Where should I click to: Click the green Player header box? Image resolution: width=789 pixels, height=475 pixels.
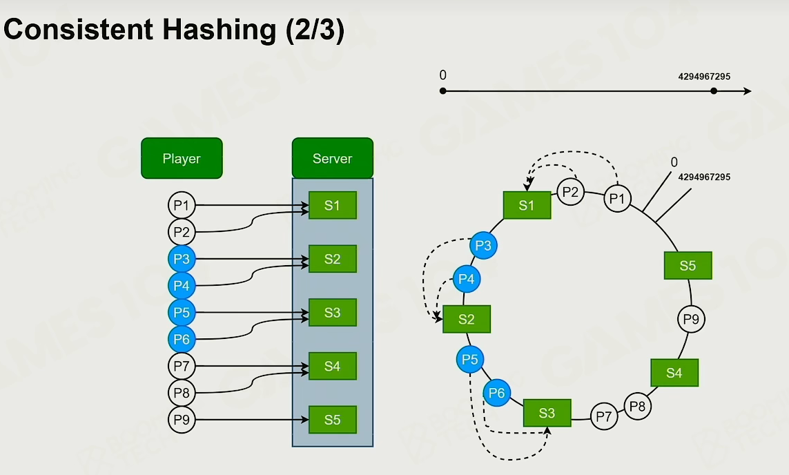coord(182,158)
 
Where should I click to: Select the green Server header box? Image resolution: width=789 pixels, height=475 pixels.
coord(333,158)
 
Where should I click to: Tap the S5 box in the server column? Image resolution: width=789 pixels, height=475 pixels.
coord(333,420)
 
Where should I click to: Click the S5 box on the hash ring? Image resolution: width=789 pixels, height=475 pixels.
coord(688,265)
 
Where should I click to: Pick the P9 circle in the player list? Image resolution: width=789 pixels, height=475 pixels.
coord(181,420)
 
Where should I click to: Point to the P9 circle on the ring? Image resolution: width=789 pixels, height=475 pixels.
coord(692,319)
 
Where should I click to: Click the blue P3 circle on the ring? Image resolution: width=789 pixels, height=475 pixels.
coord(483,246)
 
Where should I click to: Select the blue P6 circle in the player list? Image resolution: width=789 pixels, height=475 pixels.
coord(181,339)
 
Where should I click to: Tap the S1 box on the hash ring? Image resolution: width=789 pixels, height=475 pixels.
coord(527,205)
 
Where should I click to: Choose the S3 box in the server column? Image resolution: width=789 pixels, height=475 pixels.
coord(333,313)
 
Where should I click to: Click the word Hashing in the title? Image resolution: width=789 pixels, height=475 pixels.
coord(220,30)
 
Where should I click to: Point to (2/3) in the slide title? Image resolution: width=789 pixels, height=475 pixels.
coord(315,30)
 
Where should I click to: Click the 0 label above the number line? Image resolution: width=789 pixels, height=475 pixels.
coord(442,75)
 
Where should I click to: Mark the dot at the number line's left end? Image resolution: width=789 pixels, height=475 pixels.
coord(442,91)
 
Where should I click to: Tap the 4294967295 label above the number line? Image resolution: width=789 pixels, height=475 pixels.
coord(704,77)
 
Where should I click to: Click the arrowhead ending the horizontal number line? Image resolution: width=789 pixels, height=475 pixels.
coord(748,91)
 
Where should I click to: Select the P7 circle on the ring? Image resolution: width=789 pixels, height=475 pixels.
coord(604,416)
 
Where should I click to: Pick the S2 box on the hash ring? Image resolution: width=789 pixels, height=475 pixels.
coord(467,319)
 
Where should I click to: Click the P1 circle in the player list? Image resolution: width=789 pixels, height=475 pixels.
coord(181,205)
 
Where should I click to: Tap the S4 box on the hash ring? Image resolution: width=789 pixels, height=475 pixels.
coord(674,372)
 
